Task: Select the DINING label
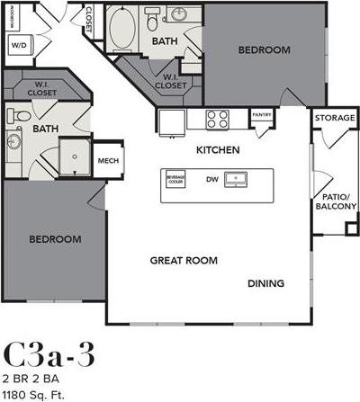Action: pyautogui.click(x=265, y=283)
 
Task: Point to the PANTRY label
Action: pyautogui.click(x=262, y=115)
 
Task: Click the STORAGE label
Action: pyautogui.click(x=333, y=118)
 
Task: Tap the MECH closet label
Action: pyautogui.click(x=109, y=161)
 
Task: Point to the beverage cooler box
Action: pyautogui.click(x=176, y=179)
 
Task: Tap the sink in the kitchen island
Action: pyautogui.click(x=238, y=179)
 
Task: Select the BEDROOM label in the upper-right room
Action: pyautogui.click(x=264, y=50)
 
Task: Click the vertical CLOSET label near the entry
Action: pyautogui.click(x=89, y=21)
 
